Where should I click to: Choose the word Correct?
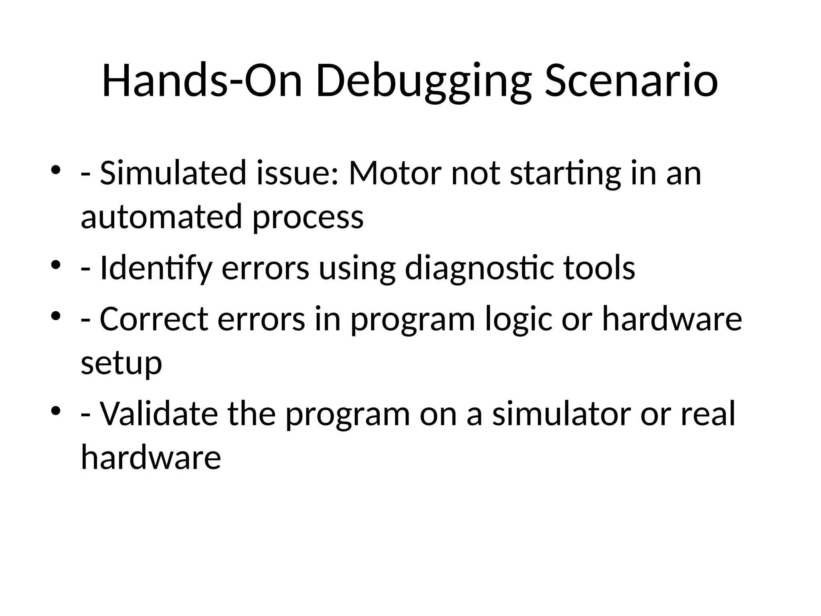[154, 319]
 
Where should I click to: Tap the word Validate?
[159, 413]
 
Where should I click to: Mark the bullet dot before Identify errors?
[56, 265]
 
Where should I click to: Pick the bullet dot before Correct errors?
[56, 316]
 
